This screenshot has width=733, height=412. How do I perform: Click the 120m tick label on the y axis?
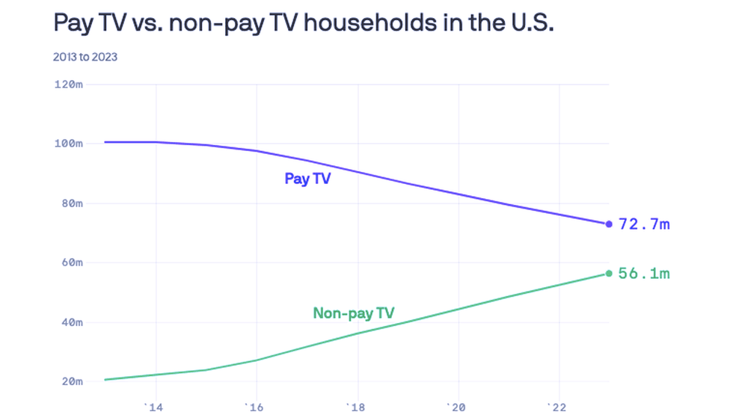(x=68, y=84)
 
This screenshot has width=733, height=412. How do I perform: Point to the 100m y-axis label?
(x=68, y=143)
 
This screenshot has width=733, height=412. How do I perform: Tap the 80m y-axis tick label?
(x=71, y=203)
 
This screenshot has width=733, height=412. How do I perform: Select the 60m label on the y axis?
(x=71, y=262)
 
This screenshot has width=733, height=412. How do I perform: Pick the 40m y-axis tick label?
(x=71, y=322)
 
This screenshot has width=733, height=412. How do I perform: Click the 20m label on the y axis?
(x=71, y=381)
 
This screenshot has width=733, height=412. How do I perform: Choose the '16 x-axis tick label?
(x=257, y=406)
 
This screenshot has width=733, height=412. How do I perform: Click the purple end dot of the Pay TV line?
(x=609, y=224)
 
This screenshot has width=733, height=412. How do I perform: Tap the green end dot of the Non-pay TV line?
(x=609, y=273)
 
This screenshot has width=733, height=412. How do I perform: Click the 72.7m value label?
(x=644, y=224)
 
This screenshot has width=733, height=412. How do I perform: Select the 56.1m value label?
(x=644, y=274)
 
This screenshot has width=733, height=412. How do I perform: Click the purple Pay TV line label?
(x=307, y=179)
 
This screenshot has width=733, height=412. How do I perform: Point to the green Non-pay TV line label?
(x=354, y=313)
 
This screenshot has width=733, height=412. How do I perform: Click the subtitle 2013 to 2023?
(x=85, y=56)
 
